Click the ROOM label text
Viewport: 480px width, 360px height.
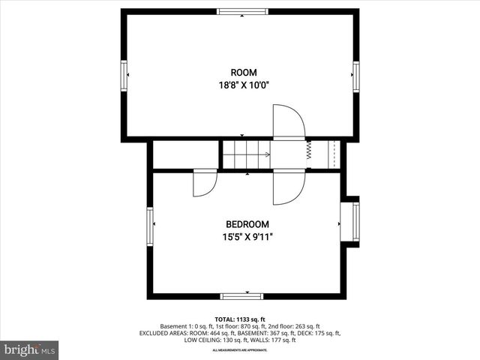(238, 73)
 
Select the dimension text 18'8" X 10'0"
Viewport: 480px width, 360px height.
(238, 85)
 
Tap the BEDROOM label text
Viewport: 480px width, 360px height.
(247, 224)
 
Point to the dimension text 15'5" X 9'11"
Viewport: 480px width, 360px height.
(247, 237)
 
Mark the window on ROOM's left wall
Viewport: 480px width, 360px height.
(124, 74)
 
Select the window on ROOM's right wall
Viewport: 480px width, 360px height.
(356, 74)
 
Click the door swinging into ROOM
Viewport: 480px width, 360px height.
(288, 122)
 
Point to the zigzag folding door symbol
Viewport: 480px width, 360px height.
(308, 152)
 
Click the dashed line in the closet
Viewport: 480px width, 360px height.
(332, 154)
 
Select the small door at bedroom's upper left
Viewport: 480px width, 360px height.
(204, 183)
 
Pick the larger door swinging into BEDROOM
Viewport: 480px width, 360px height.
(288, 187)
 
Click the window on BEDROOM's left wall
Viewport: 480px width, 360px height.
(151, 226)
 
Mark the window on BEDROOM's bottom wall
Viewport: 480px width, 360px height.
(241, 295)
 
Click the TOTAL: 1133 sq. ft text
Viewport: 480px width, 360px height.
(240, 319)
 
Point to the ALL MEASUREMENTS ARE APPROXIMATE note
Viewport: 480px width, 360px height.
(240, 350)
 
